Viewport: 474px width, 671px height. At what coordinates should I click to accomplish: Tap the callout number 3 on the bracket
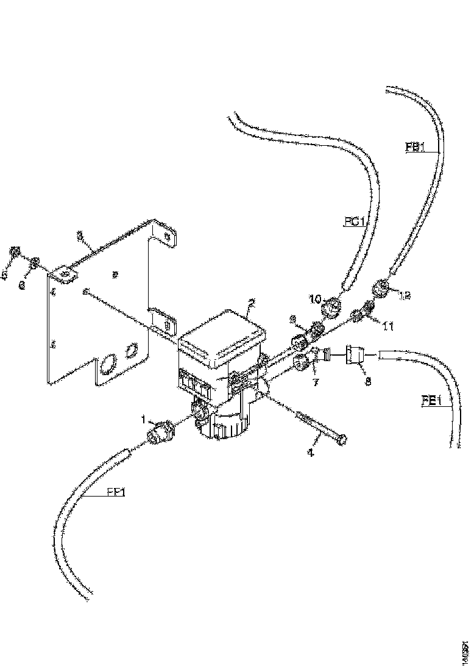(x=79, y=235)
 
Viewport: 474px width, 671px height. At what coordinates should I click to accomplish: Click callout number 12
(x=405, y=295)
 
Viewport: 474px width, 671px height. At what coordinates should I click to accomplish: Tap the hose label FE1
(x=431, y=401)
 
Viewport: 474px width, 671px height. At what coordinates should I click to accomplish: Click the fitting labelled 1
(x=160, y=435)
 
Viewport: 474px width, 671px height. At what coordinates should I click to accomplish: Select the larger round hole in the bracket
(x=107, y=365)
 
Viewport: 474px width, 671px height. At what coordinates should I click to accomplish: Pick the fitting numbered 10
(x=331, y=309)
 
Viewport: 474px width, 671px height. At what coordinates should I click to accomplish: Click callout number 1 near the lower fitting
(x=144, y=420)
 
